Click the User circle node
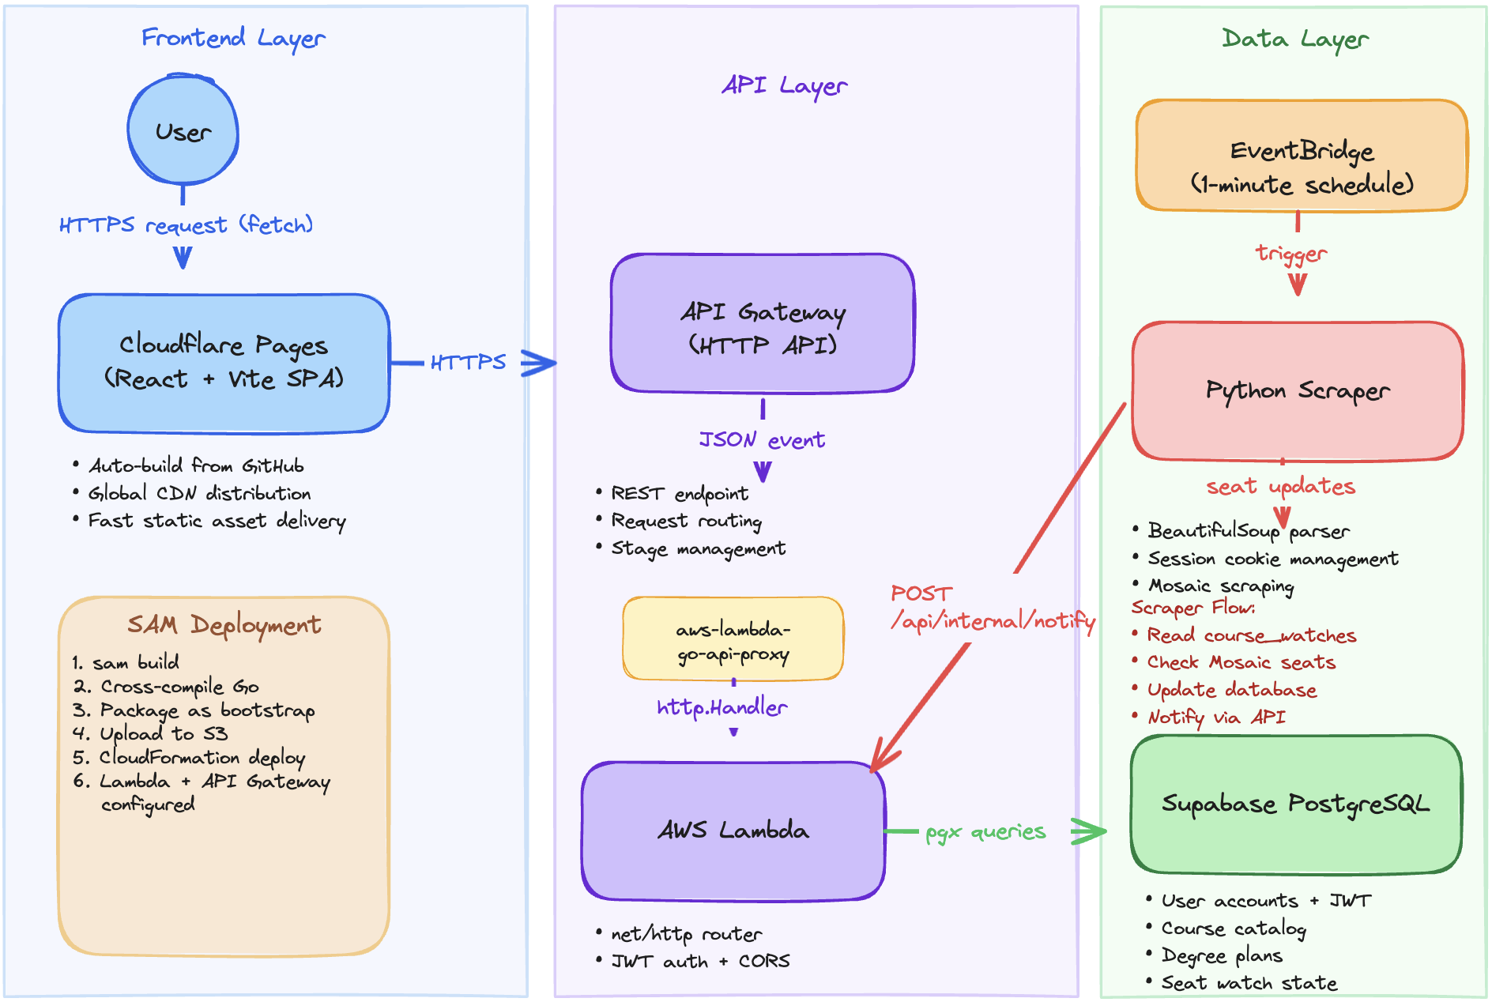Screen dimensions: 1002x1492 tap(183, 131)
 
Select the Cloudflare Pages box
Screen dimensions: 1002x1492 tap(224, 363)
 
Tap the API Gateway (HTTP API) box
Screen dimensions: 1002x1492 tap(762, 323)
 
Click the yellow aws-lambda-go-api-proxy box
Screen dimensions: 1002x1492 tap(733, 639)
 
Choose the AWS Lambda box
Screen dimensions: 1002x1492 tap(733, 830)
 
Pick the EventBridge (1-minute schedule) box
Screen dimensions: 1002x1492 tap(1301, 156)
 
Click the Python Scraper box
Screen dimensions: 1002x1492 tap(1297, 390)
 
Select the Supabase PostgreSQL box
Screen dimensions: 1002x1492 tap(1295, 804)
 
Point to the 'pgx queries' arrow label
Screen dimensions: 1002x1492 tap(985, 832)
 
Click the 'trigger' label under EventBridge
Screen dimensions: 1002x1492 tap(1291, 254)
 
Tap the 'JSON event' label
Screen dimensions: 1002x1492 tap(762, 440)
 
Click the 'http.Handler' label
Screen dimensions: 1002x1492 tap(722, 707)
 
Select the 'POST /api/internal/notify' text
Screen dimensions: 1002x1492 tap(992, 608)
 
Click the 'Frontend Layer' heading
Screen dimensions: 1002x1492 tap(233, 38)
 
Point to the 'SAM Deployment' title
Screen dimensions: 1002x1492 tap(224, 625)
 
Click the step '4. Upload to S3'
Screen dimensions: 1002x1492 tap(150, 733)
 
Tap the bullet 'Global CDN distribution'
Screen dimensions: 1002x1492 tap(199, 493)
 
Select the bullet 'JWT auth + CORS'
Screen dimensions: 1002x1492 tap(700, 961)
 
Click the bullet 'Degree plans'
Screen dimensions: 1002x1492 tap(1221, 955)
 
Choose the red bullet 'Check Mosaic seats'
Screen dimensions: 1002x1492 tap(1241, 662)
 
